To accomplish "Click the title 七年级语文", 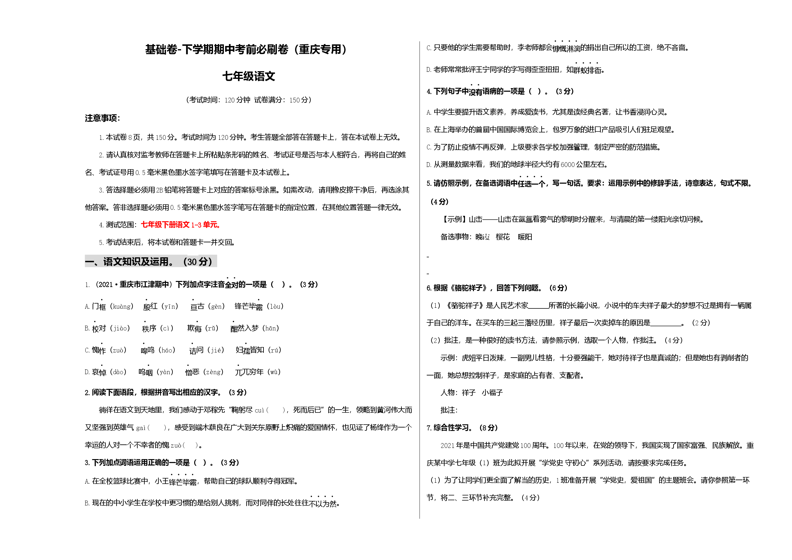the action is [248, 76].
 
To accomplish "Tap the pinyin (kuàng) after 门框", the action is [122, 306].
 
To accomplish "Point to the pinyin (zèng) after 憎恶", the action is [214, 372].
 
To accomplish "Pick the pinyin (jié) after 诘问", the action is [216, 350].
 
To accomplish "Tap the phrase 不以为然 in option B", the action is [323, 503].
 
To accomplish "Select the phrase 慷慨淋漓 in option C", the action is [566, 48].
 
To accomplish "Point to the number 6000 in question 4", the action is [567, 164].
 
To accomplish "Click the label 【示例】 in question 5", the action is [454, 219].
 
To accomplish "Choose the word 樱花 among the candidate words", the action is [503, 237].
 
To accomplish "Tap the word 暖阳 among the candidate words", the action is [525, 237].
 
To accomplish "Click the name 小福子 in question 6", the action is [492, 393].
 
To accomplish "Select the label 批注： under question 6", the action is [449, 410].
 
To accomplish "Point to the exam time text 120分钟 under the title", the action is [237, 100].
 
